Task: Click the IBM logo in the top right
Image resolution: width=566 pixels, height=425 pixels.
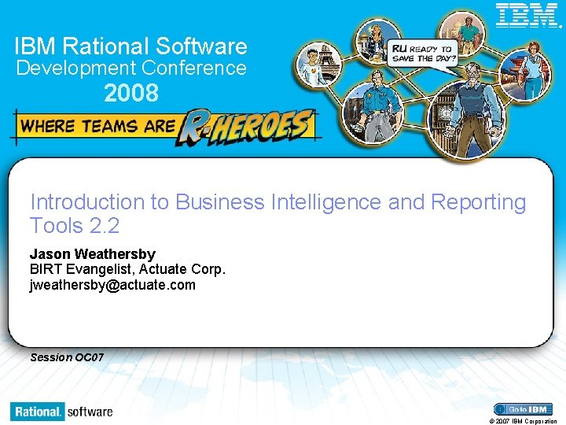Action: tap(527, 15)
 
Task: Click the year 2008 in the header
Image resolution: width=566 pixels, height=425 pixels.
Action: tap(131, 94)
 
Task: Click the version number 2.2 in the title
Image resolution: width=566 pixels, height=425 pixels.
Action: tap(104, 226)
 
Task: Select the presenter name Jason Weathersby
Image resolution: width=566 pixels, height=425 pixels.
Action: tap(93, 254)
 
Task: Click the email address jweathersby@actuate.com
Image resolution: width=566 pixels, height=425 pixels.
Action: tap(112, 285)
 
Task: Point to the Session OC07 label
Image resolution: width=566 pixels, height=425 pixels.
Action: tap(67, 357)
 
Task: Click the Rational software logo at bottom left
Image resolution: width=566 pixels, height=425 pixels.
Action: tap(62, 411)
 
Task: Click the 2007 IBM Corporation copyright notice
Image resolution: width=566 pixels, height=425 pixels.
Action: tap(523, 421)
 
